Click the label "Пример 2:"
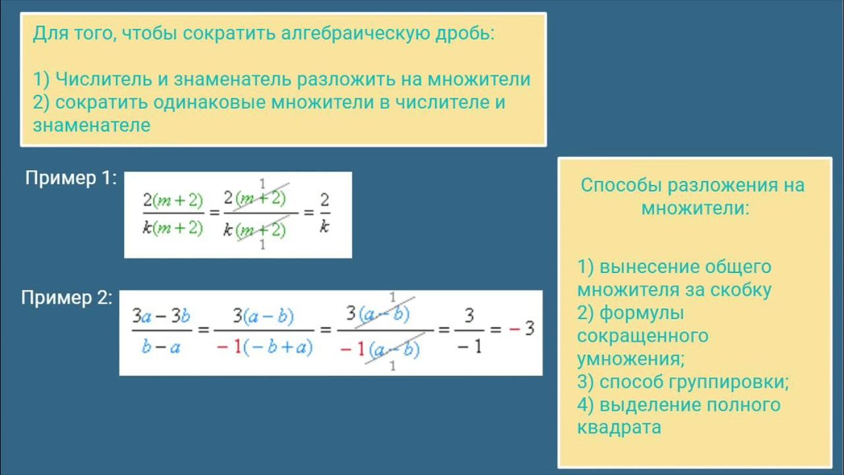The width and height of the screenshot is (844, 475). pos(67,298)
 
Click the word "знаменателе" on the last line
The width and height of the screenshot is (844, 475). pos(92,125)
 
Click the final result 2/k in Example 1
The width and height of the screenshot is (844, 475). pos(324,212)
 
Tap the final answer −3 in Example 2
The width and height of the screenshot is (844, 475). pos(520,329)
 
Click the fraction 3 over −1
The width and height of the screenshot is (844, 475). pos(469,330)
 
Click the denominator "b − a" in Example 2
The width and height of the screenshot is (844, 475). pos(161,346)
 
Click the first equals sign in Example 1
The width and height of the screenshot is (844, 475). pos(214,214)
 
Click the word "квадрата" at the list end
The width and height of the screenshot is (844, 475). pos(618,427)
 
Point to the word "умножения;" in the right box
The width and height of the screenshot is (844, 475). pos(630,359)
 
